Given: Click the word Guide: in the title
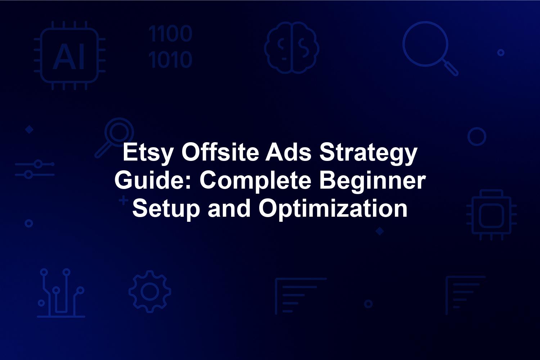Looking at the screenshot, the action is point(154,180).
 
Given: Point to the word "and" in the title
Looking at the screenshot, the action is point(229,208).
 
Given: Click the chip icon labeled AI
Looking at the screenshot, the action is point(69,55).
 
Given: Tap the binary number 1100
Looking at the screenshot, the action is point(170,33).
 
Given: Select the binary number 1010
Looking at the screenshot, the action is point(170,59).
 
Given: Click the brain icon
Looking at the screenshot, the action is point(292,48).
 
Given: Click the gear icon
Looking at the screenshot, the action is point(150,292).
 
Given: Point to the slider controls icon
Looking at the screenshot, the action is point(35,169).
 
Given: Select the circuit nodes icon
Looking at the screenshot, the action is point(61,293).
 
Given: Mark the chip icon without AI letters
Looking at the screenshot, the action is point(491,215).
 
